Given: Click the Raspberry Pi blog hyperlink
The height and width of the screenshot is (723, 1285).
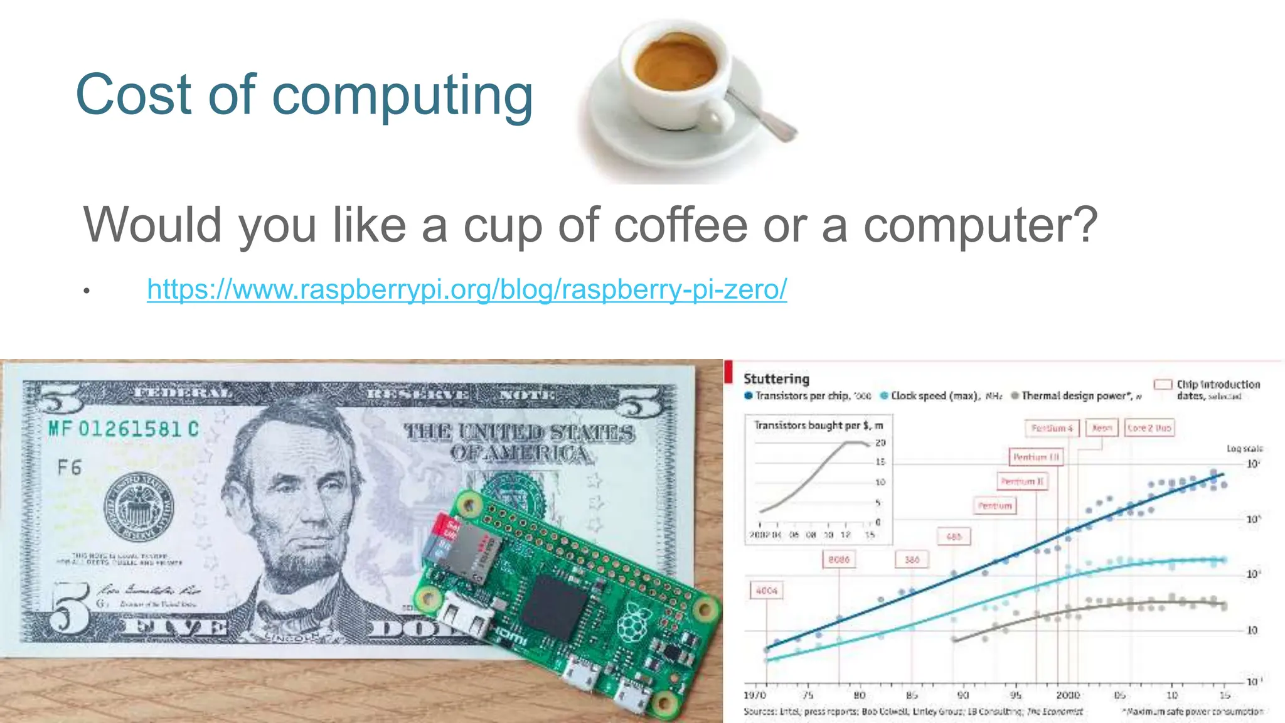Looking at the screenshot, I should [x=467, y=289].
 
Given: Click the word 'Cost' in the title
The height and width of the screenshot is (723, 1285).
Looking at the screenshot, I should [x=133, y=95].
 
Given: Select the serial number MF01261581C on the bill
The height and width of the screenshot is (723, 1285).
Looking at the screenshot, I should [x=124, y=429].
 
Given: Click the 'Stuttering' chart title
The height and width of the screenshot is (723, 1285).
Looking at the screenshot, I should [x=776, y=379].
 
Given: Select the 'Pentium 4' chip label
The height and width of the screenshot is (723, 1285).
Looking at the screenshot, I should [x=1052, y=428].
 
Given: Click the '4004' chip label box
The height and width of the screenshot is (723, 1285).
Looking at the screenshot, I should [x=767, y=591].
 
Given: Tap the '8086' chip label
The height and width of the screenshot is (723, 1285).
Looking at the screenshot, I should [x=839, y=559].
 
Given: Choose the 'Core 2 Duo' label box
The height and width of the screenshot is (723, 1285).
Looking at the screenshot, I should [x=1149, y=428].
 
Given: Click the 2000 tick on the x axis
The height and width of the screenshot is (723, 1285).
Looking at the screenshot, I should [x=1068, y=695].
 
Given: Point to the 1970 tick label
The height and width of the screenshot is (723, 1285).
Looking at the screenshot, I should [x=755, y=695].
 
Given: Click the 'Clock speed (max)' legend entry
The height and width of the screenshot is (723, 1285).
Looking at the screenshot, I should [x=934, y=396].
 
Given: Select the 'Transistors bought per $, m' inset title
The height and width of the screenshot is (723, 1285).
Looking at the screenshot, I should [x=818, y=426].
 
